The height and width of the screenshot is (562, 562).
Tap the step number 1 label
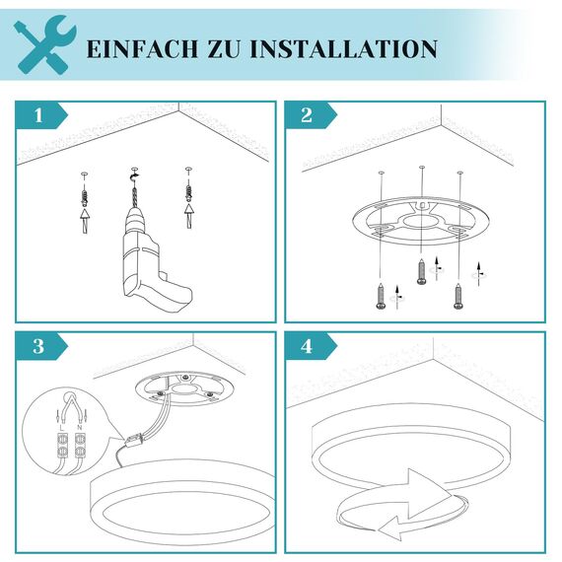[x=38, y=115]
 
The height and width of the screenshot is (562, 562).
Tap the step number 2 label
[x=307, y=115]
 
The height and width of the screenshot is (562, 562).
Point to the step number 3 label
[x=38, y=346]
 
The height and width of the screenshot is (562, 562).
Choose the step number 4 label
[x=307, y=346]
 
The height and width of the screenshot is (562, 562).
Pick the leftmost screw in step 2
[x=381, y=294]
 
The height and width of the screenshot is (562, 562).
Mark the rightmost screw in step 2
[x=457, y=294]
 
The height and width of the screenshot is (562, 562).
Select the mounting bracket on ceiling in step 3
[x=184, y=389]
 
